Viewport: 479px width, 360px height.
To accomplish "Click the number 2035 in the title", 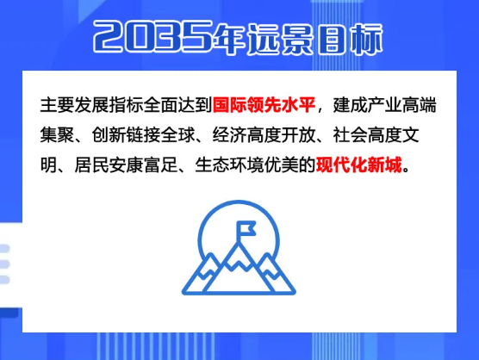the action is pyautogui.click(x=153, y=36).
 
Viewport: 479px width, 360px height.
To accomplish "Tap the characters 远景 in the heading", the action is pyautogui.click(x=280, y=39).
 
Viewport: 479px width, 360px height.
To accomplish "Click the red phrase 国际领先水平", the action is pyautogui.click(x=264, y=105).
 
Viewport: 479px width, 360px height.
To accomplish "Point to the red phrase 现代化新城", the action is pyautogui.click(x=359, y=165).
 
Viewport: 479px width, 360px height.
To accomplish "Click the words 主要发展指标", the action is pyautogui.click(x=91, y=105).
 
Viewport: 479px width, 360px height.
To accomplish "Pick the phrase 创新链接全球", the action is pyautogui.click(x=143, y=135).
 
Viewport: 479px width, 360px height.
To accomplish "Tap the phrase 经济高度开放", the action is pyautogui.click(x=264, y=135).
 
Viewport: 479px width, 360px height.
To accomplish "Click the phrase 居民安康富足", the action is pyautogui.click(x=126, y=165).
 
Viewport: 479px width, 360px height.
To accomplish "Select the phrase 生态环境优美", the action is pyautogui.click(x=246, y=165).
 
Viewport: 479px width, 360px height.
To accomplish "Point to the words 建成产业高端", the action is pyautogui.click(x=384, y=105).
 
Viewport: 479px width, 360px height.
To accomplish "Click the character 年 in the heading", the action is pyautogui.click(x=229, y=39).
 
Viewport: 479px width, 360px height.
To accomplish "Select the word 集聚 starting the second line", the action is pyautogui.click(x=57, y=135).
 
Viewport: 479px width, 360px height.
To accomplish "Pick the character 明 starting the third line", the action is pyautogui.click(x=48, y=165).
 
